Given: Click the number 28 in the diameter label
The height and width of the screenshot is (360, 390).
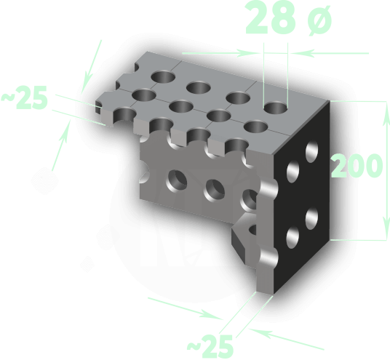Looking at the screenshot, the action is click(x=271, y=17).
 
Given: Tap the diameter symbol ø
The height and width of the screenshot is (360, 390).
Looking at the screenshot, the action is click(x=319, y=20).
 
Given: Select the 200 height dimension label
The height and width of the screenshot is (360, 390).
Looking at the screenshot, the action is click(x=357, y=166).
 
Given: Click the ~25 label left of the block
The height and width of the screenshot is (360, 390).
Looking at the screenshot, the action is click(x=25, y=97).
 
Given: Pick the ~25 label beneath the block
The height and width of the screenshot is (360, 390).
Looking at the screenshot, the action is click(x=210, y=346).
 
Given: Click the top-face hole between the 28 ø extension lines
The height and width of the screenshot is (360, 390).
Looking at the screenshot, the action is click(x=276, y=108).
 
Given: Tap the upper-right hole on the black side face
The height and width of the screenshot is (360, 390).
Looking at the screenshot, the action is click(x=312, y=151).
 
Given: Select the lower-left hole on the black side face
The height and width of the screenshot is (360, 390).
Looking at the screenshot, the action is click(x=292, y=237).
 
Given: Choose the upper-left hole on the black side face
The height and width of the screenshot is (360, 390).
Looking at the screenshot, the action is click(x=292, y=172).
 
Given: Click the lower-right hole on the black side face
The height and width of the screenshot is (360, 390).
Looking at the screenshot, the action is click(x=312, y=219).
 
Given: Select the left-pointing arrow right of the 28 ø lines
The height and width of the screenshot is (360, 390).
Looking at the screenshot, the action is click(x=330, y=53).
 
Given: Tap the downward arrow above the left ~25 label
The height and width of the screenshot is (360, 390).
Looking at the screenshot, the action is click(x=92, y=66).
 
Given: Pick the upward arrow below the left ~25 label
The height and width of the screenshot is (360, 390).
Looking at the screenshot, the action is click(x=60, y=145).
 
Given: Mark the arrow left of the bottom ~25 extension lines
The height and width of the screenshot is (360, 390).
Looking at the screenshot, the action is click(x=186, y=308).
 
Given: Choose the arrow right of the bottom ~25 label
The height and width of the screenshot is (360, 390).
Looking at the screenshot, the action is click(x=287, y=340).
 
